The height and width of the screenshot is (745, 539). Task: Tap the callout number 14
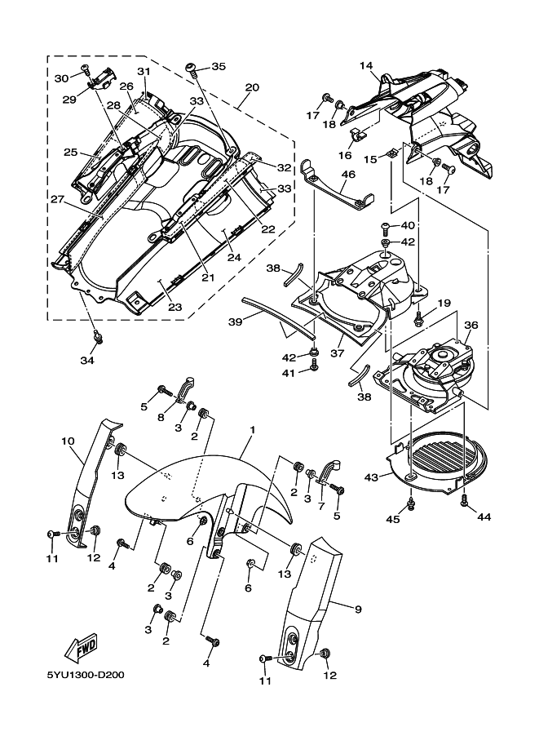click(x=365, y=65)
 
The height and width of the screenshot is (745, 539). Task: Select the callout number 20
click(x=252, y=86)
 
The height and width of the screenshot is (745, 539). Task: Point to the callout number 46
click(x=348, y=174)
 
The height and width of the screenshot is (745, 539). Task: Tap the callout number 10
click(x=68, y=441)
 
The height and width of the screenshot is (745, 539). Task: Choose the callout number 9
click(x=357, y=608)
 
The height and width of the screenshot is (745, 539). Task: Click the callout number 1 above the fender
click(x=253, y=429)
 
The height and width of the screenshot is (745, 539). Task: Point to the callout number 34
click(x=87, y=360)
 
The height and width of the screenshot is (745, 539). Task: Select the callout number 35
click(x=218, y=66)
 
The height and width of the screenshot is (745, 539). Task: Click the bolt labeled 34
click(x=96, y=336)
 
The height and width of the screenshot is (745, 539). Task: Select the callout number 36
click(x=471, y=324)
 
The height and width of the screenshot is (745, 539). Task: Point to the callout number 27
click(x=56, y=198)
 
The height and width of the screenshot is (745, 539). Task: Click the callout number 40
click(x=408, y=225)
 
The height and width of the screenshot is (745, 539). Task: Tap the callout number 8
click(x=161, y=417)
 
